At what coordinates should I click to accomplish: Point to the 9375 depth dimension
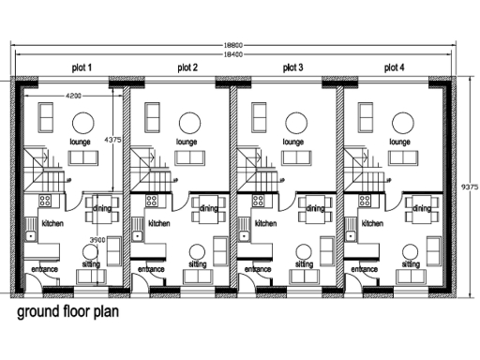(x=471, y=187)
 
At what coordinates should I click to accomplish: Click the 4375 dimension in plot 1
(x=112, y=140)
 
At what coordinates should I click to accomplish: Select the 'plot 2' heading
(x=188, y=67)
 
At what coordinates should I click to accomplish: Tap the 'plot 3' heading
(x=293, y=67)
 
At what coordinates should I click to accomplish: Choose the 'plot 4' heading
(x=394, y=67)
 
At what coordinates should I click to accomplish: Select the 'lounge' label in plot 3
(x=294, y=142)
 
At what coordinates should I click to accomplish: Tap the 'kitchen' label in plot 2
(x=159, y=224)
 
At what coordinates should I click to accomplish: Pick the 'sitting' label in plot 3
(x=305, y=265)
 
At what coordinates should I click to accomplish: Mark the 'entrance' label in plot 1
(x=45, y=270)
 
